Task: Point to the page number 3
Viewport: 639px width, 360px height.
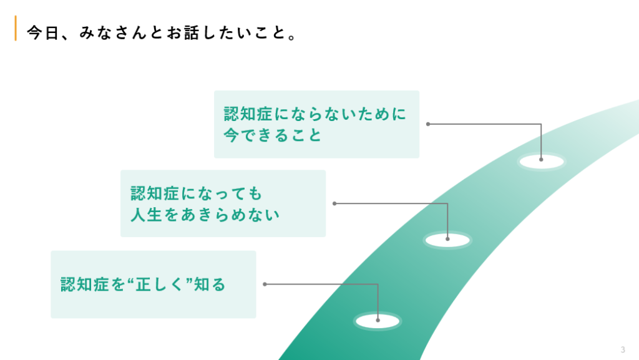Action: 623,349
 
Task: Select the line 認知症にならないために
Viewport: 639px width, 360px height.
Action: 315,114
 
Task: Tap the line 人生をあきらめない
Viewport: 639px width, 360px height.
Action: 205,215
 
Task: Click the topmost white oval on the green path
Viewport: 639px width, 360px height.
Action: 541,162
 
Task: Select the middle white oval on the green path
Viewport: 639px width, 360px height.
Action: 447,240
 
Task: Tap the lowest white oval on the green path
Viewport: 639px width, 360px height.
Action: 378,321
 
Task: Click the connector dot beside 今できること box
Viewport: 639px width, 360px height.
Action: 428,124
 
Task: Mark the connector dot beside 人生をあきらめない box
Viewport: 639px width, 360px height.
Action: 335,203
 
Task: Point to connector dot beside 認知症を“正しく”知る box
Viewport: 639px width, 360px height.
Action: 265,285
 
